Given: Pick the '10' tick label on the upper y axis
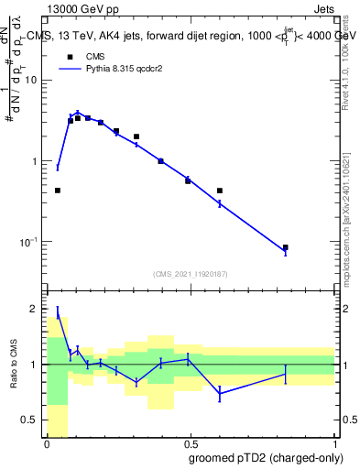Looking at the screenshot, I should pos(31,80).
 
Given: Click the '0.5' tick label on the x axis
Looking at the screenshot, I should pos(190,444).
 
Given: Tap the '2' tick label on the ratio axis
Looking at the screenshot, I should pos(36,309).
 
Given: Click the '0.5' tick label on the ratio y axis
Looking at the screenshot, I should pos(32,420).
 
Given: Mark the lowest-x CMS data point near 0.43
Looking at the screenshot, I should pos(58,191).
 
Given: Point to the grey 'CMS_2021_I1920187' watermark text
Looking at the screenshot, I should pos(190,273).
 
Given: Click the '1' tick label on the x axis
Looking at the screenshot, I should pos(333,444).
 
